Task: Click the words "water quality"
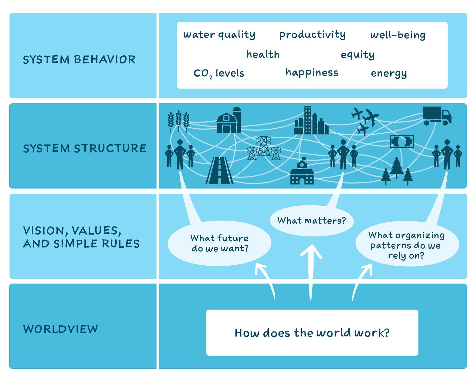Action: (x=219, y=35)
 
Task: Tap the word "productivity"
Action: (x=312, y=35)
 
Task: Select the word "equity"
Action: (x=357, y=55)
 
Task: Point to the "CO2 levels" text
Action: (x=219, y=74)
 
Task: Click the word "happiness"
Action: (x=312, y=73)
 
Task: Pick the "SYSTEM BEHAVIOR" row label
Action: (x=79, y=60)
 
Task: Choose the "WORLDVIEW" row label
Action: (x=61, y=329)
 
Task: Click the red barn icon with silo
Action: (x=229, y=120)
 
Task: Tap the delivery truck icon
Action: (x=437, y=116)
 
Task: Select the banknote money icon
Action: (x=402, y=141)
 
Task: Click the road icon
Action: (x=220, y=171)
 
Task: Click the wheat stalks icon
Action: (x=178, y=121)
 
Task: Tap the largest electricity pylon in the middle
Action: (x=264, y=146)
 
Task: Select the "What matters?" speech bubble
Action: (x=312, y=221)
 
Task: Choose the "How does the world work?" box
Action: (x=312, y=333)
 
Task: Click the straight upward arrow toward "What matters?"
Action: (x=311, y=273)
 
